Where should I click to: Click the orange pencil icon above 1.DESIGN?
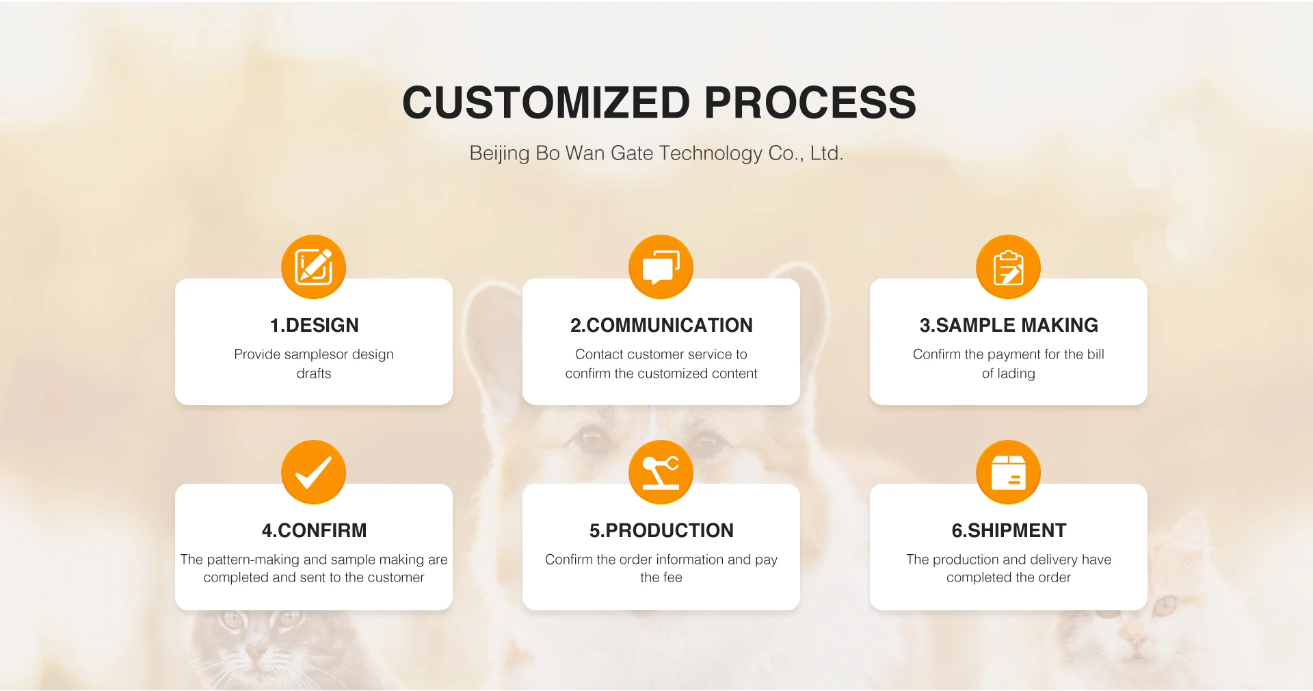314,267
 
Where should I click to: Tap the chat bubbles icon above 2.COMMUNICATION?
661,267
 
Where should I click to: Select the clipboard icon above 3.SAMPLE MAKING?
1009,267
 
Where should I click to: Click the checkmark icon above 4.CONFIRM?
314,472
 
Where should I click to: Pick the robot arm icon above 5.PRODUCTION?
661,472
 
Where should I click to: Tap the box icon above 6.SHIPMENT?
1009,472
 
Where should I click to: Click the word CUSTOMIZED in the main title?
546,103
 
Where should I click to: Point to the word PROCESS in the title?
810,103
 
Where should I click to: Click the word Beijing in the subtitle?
499,153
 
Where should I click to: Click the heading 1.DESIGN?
314,325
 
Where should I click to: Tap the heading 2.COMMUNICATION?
661,325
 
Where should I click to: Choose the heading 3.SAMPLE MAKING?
1009,325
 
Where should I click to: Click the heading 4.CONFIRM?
314,530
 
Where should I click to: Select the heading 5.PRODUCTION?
661,530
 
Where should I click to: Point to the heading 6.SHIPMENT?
1009,530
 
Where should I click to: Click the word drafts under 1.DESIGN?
314,374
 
